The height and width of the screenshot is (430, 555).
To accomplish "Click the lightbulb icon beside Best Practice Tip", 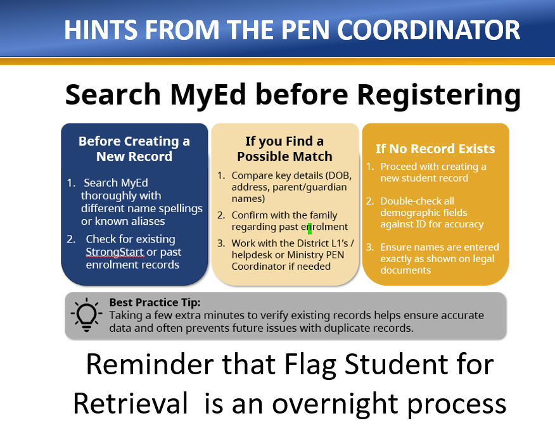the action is point(86,315).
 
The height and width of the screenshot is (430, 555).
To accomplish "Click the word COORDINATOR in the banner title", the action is point(429,30).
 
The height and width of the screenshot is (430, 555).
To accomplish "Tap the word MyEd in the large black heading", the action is point(208,95).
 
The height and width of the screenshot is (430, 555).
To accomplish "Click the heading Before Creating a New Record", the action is point(134,149).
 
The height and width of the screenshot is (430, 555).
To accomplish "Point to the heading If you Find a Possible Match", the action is point(284,149).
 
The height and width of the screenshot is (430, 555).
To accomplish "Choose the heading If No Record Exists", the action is point(435,149).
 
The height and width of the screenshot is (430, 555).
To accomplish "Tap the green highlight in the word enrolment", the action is point(310,229).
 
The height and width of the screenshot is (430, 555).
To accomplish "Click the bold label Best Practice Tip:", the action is point(155,302).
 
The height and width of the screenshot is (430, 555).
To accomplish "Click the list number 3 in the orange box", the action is point(369,247).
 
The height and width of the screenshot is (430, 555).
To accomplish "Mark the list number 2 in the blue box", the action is point(70,239).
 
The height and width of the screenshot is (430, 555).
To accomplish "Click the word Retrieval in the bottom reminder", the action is point(131,403).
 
